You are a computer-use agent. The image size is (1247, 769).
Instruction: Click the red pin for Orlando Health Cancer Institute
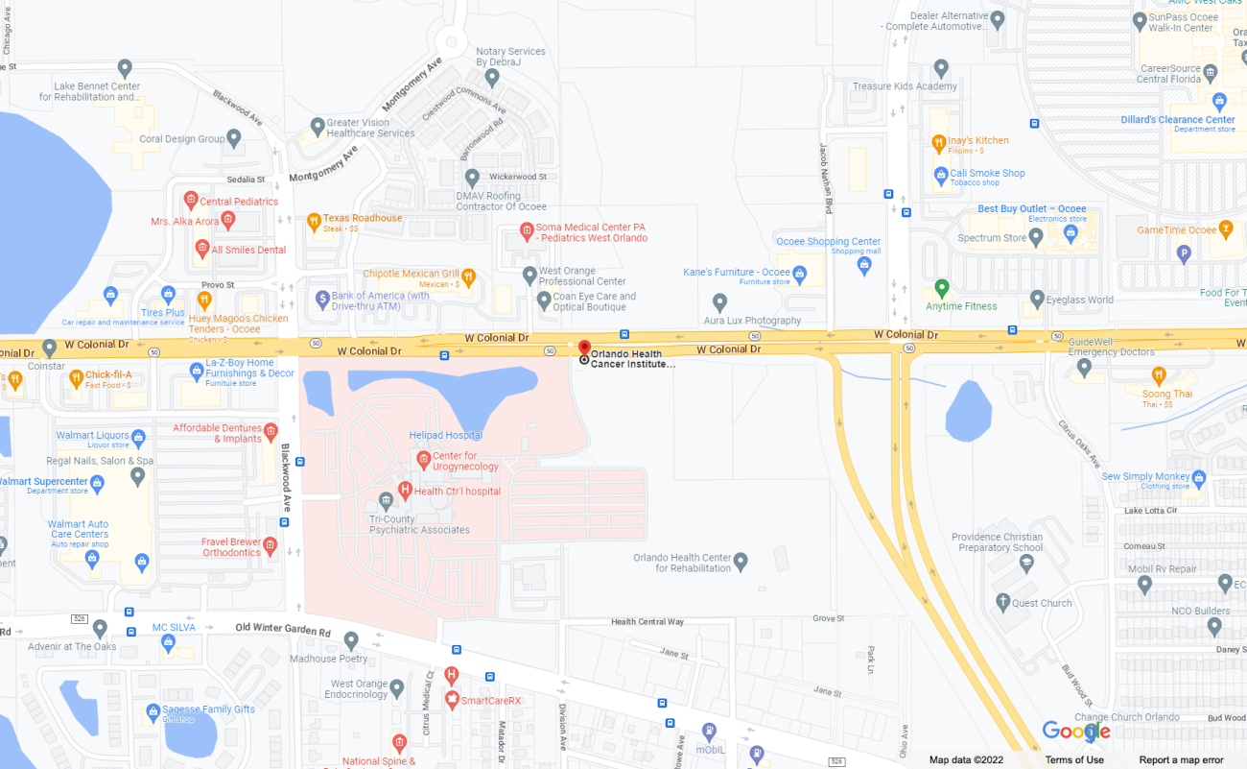coord(584,348)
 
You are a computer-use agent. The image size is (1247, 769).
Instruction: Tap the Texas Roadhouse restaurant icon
coord(313,223)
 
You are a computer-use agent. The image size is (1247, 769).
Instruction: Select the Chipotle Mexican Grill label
coord(412,274)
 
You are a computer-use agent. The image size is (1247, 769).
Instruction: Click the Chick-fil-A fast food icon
coord(76,377)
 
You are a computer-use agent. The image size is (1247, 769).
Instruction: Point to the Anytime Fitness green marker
coord(942,288)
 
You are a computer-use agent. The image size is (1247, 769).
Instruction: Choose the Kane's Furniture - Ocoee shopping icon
coord(800,276)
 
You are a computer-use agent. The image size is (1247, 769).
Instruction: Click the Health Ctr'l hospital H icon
coord(405,491)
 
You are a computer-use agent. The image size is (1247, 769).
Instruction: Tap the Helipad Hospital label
coord(445,435)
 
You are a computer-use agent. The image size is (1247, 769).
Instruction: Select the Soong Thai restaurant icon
coord(1159,376)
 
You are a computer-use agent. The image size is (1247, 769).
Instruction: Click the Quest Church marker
coord(1002,602)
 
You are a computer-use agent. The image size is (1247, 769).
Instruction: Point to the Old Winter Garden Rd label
coord(283,630)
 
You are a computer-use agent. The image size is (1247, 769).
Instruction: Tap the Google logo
coord(1076,732)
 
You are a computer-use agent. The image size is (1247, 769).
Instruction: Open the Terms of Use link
coord(1074,759)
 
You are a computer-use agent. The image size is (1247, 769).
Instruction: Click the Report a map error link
coord(1181,759)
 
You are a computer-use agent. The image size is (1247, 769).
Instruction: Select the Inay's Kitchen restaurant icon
coord(939,143)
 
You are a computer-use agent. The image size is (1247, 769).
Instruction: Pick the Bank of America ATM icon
coord(322,300)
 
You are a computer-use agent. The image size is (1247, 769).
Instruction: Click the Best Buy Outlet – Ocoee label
coord(1031,208)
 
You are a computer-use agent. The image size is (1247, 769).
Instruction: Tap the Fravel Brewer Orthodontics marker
coord(270,546)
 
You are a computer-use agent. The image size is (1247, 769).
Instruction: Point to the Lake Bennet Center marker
coord(125,68)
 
